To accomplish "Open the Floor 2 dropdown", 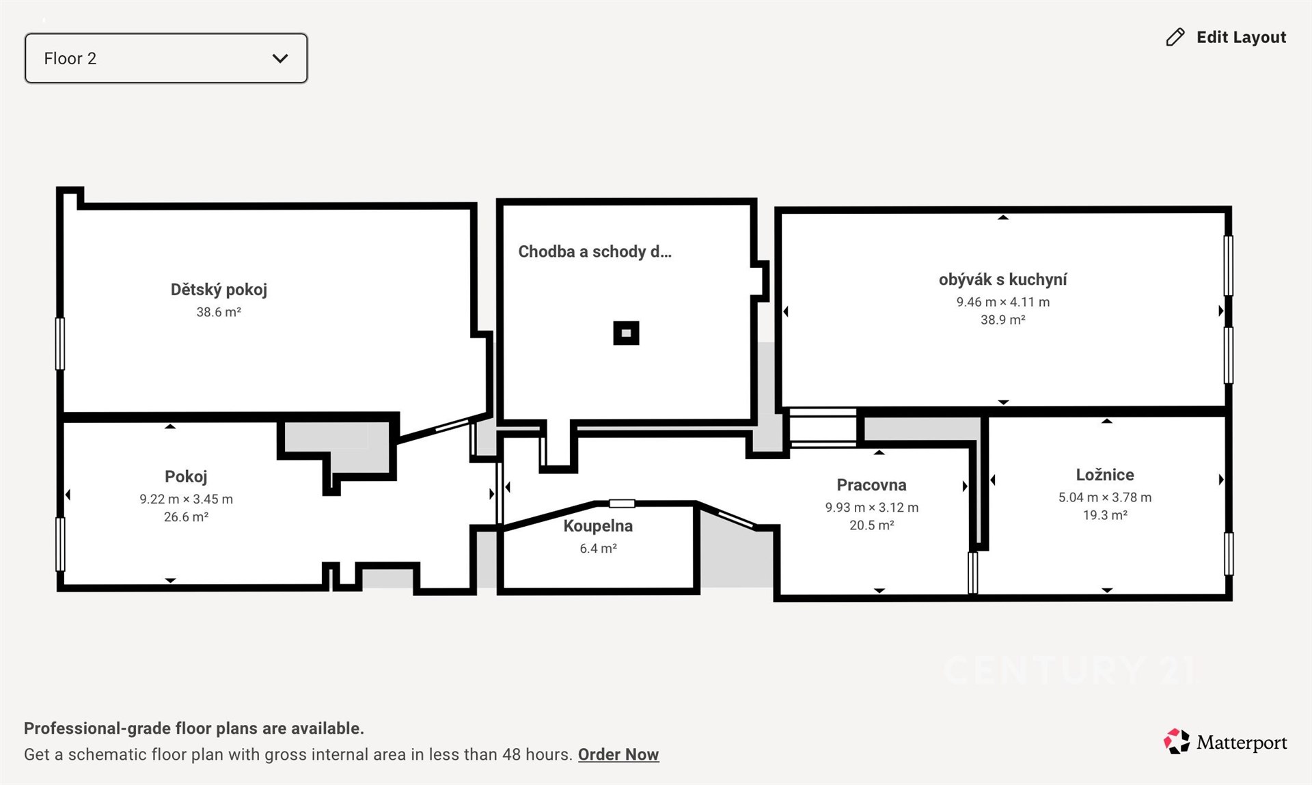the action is click(166, 58).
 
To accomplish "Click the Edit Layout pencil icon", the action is click(1175, 37).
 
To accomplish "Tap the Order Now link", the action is click(618, 754).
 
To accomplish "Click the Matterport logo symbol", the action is click(1177, 741).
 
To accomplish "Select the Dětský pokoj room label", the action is click(219, 290).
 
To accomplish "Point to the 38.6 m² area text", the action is click(219, 312).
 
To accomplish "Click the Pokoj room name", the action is click(186, 477).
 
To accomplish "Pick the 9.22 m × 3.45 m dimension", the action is click(186, 499).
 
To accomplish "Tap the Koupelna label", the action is click(598, 526).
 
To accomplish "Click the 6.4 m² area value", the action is click(598, 549).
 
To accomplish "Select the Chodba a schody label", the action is click(594, 251).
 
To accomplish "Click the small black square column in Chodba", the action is click(626, 333).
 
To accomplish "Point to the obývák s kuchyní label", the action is click(1002, 279).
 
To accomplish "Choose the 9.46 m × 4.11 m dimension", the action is click(1002, 302).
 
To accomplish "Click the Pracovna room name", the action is click(871, 485).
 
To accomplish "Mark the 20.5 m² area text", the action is click(871, 525).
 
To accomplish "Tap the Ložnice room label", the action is click(1105, 475).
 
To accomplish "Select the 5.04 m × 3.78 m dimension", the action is click(1105, 497).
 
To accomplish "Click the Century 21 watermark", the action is click(1069, 670).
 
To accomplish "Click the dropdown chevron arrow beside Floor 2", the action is click(280, 59).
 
